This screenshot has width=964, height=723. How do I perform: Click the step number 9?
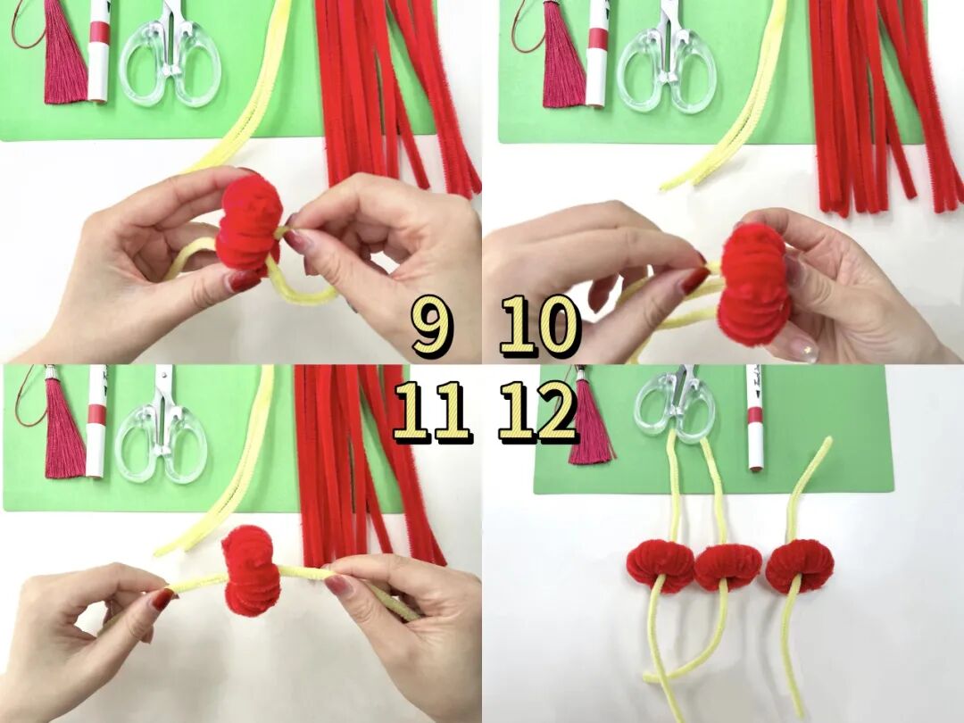click(x=432, y=325)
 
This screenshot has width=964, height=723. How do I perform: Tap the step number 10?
click(x=540, y=325)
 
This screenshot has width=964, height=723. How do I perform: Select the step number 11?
click(x=432, y=411)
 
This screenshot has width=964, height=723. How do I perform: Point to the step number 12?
click(x=537, y=411)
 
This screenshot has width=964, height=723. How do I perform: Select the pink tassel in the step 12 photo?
click(x=590, y=418)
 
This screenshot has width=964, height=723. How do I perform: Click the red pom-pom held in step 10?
click(x=755, y=284)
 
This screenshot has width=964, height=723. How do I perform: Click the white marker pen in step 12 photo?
click(x=754, y=418)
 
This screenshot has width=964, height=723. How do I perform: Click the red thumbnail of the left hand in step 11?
click(x=162, y=600)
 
